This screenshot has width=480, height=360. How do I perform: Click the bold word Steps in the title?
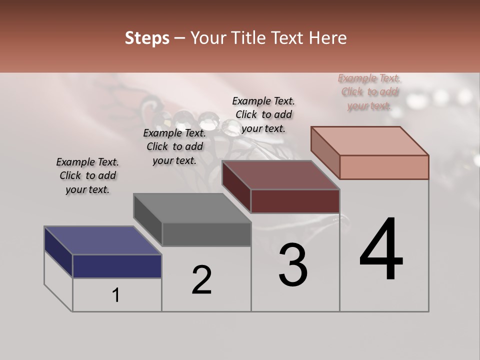click(147, 38)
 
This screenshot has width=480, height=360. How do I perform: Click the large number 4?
click(381, 250)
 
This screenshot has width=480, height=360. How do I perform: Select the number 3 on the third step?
click(292, 265)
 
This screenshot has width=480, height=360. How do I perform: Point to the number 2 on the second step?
click(201, 280)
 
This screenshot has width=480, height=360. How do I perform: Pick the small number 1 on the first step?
click(116, 295)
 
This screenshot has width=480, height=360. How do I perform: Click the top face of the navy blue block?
click(102, 240)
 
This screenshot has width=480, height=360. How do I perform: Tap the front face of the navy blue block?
click(117, 266)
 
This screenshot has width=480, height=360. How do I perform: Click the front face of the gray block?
click(206, 234)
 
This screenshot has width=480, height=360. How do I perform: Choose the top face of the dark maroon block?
click(280, 175)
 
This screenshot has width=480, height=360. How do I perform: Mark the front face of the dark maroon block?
click(295, 201)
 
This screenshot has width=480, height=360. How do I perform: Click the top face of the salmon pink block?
click(369, 141)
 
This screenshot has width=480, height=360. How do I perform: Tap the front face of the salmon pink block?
click(384, 167)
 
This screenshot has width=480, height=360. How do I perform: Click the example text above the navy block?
click(87, 175)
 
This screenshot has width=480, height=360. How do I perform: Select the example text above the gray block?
click(174, 146)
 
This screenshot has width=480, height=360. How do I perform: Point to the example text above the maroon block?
click(263, 114)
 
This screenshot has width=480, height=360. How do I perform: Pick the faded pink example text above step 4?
click(369, 91)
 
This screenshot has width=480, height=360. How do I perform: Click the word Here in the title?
click(327, 38)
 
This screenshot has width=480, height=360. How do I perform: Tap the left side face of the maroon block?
click(236, 187)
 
